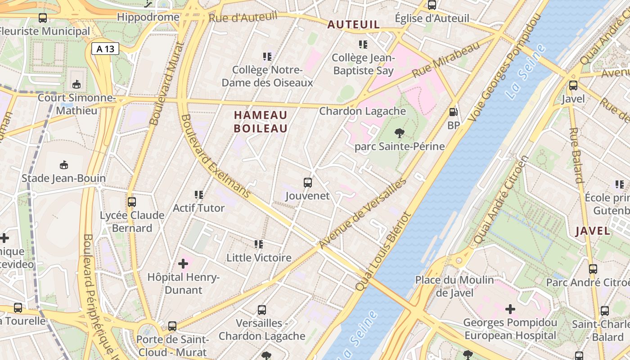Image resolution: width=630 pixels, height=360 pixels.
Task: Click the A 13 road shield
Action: point(106,49)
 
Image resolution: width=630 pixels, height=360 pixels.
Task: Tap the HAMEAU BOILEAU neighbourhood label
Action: point(261,121)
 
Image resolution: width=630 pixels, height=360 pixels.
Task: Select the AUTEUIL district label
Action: point(354,25)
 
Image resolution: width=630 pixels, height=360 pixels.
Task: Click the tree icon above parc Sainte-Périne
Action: point(399,133)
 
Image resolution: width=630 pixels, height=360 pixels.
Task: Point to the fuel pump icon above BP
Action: point(453,112)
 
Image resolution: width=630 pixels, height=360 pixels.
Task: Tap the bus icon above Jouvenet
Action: point(308,183)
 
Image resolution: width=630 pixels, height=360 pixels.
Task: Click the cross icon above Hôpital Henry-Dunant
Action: point(183,263)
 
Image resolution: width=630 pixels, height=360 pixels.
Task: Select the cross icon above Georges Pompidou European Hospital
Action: point(510,309)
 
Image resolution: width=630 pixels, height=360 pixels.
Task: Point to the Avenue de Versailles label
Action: point(363,213)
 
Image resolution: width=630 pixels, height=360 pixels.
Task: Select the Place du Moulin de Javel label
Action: point(454,286)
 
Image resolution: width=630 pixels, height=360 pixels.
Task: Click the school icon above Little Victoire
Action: point(259,244)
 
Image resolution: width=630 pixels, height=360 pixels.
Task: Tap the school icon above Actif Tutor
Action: point(199,195)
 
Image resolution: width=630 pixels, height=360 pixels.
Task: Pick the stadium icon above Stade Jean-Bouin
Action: point(64,165)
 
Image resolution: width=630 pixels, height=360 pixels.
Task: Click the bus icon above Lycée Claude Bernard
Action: point(132,202)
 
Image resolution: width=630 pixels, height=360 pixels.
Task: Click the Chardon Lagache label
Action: point(362,111)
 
